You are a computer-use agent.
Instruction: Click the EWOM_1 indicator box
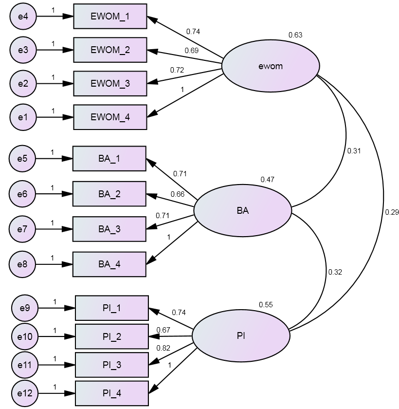click(110, 16)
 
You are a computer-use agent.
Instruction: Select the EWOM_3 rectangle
click(110, 83)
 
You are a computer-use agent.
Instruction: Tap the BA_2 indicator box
click(109, 194)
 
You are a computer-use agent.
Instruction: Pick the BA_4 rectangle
click(109, 264)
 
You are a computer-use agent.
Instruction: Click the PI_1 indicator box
click(111, 308)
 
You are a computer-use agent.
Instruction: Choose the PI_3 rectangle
click(111, 365)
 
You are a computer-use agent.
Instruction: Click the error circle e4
click(23, 16)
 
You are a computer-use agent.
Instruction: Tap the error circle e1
click(23, 117)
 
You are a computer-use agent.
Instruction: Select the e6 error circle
click(22, 194)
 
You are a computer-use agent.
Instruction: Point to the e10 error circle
click(24, 336)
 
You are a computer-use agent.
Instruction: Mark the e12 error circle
click(24, 393)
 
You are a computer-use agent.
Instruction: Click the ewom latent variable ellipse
click(271, 66)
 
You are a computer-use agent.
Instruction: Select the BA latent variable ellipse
click(243, 211)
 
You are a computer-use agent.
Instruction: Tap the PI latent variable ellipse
click(241, 336)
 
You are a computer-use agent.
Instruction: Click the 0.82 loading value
click(163, 348)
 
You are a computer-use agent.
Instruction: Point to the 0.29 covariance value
click(392, 212)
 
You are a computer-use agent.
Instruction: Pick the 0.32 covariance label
click(335, 272)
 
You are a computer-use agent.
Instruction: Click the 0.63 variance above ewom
click(295, 35)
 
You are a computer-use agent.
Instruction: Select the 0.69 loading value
click(191, 50)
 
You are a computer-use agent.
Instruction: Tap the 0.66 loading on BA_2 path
click(177, 194)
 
